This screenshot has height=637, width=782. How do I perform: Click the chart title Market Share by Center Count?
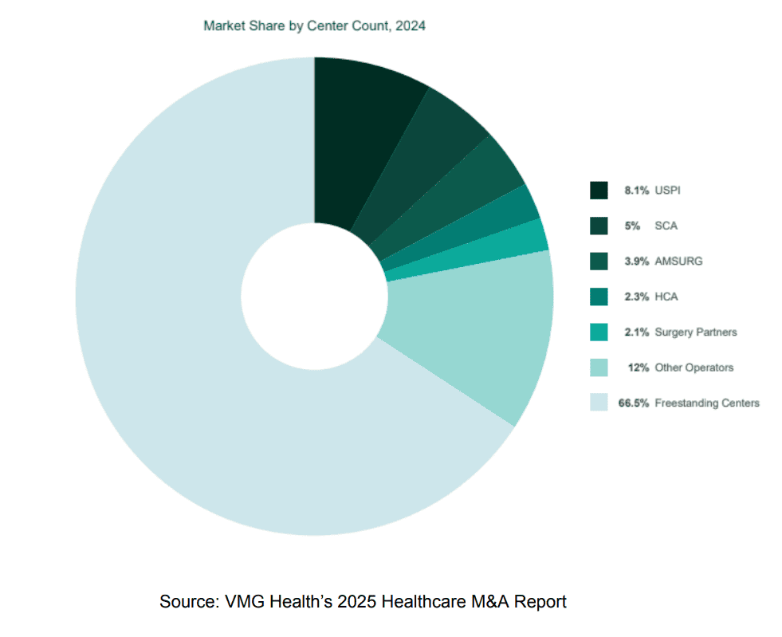pyautogui.click(x=314, y=26)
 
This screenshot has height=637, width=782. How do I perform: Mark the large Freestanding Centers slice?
pyautogui.click(x=199, y=359)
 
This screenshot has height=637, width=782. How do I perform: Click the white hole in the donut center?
pyautogui.click(x=314, y=296)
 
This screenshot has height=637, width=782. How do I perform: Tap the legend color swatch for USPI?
pyautogui.click(x=599, y=191)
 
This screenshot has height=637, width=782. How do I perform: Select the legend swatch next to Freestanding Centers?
pyautogui.click(x=599, y=403)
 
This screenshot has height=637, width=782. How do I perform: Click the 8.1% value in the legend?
pyautogui.click(x=636, y=191)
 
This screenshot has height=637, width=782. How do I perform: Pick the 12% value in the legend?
pyautogui.click(x=639, y=368)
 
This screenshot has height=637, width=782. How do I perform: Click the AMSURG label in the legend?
pyautogui.click(x=678, y=261)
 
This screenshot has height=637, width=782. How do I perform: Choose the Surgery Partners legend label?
pyautogui.click(x=695, y=332)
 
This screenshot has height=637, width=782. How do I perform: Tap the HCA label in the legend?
pyautogui.click(x=666, y=297)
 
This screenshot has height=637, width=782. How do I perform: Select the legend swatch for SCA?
pyautogui.click(x=599, y=226)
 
